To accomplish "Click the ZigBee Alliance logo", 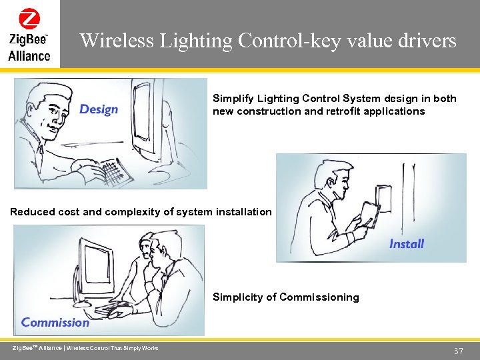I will [29, 34].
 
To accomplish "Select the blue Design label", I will [98, 109].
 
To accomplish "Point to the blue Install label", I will [406, 244].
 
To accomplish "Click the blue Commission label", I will [55, 323].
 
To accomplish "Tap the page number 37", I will [458, 351].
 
